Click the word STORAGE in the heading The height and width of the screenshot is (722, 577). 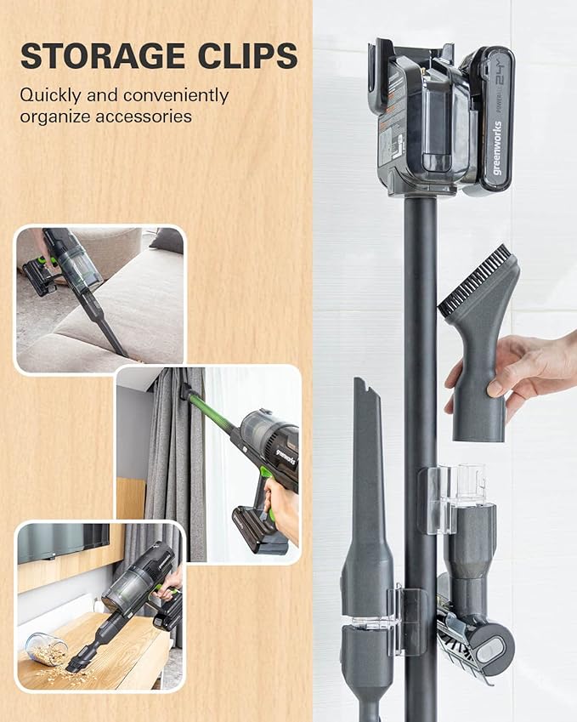coord(99,57)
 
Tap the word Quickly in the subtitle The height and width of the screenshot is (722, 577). coord(51,94)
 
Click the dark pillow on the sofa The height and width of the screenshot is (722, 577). coord(167,240)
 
